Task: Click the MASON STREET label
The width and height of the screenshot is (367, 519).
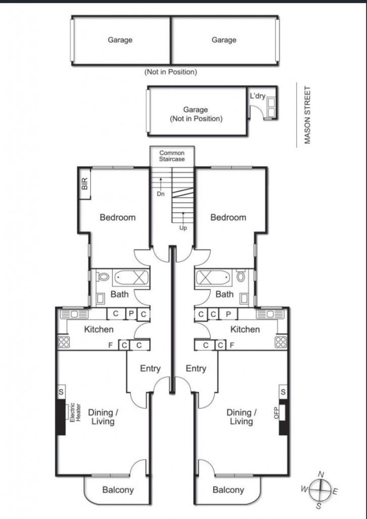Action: tap(307, 115)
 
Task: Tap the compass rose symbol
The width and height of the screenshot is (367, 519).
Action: tap(320, 490)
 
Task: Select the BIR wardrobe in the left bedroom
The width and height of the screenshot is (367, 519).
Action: tap(85, 183)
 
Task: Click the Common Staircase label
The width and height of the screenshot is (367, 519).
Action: tap(172, 156)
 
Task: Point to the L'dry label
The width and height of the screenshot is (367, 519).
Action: tap(257, 96)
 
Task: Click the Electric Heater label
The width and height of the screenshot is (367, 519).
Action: tap(75, 412)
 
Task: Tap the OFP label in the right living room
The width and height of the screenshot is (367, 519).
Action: tap(277, 413)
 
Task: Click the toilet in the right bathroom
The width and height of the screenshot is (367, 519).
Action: tap(241, 276)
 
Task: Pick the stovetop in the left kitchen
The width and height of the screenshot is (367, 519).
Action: tap(64, 342)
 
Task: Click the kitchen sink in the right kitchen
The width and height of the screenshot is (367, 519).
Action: tap(270, 314)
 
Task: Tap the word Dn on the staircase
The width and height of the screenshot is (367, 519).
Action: tap(160, 194)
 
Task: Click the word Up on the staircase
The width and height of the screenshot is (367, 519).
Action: tap(183, 228)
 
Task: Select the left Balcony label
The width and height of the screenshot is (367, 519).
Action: tap(118, 490)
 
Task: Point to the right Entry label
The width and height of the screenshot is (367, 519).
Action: tap(196, 368)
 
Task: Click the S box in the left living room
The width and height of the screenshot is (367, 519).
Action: tap(61, 392)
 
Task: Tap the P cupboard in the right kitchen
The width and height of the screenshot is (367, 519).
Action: tap(228, 314)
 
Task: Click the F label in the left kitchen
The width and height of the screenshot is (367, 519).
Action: tap(110, 346)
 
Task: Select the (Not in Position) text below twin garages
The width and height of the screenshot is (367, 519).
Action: tap(171, 72)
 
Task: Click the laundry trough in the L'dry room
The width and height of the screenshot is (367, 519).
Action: tap(271, 107)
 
